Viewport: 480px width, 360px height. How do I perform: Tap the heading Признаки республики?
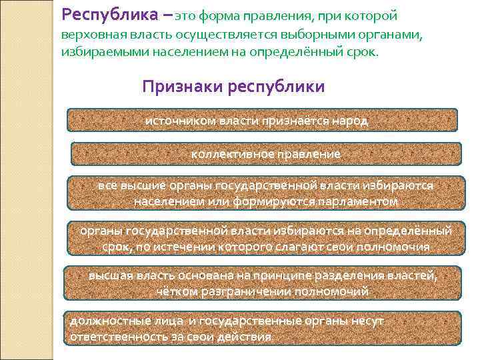click(x=233, y=87)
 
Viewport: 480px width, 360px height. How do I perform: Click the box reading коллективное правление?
click(x=265, y=154)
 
